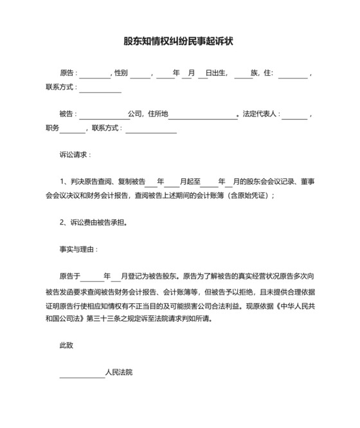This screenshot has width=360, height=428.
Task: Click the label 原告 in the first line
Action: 67,73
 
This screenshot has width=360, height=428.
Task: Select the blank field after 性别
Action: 140,75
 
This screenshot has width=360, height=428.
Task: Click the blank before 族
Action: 242,75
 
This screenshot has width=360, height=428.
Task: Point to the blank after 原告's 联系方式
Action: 100,89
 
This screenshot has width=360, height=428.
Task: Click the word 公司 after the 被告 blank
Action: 135,114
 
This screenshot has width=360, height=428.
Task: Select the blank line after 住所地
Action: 203,115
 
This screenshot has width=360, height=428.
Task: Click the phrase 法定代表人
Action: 260,114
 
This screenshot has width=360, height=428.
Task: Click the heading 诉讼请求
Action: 75,155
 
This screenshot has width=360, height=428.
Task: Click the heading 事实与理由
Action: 78,248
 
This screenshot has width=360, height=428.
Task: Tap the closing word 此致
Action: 66,346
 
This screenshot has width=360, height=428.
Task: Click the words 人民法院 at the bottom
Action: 119,373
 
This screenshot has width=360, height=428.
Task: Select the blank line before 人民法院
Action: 82,374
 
